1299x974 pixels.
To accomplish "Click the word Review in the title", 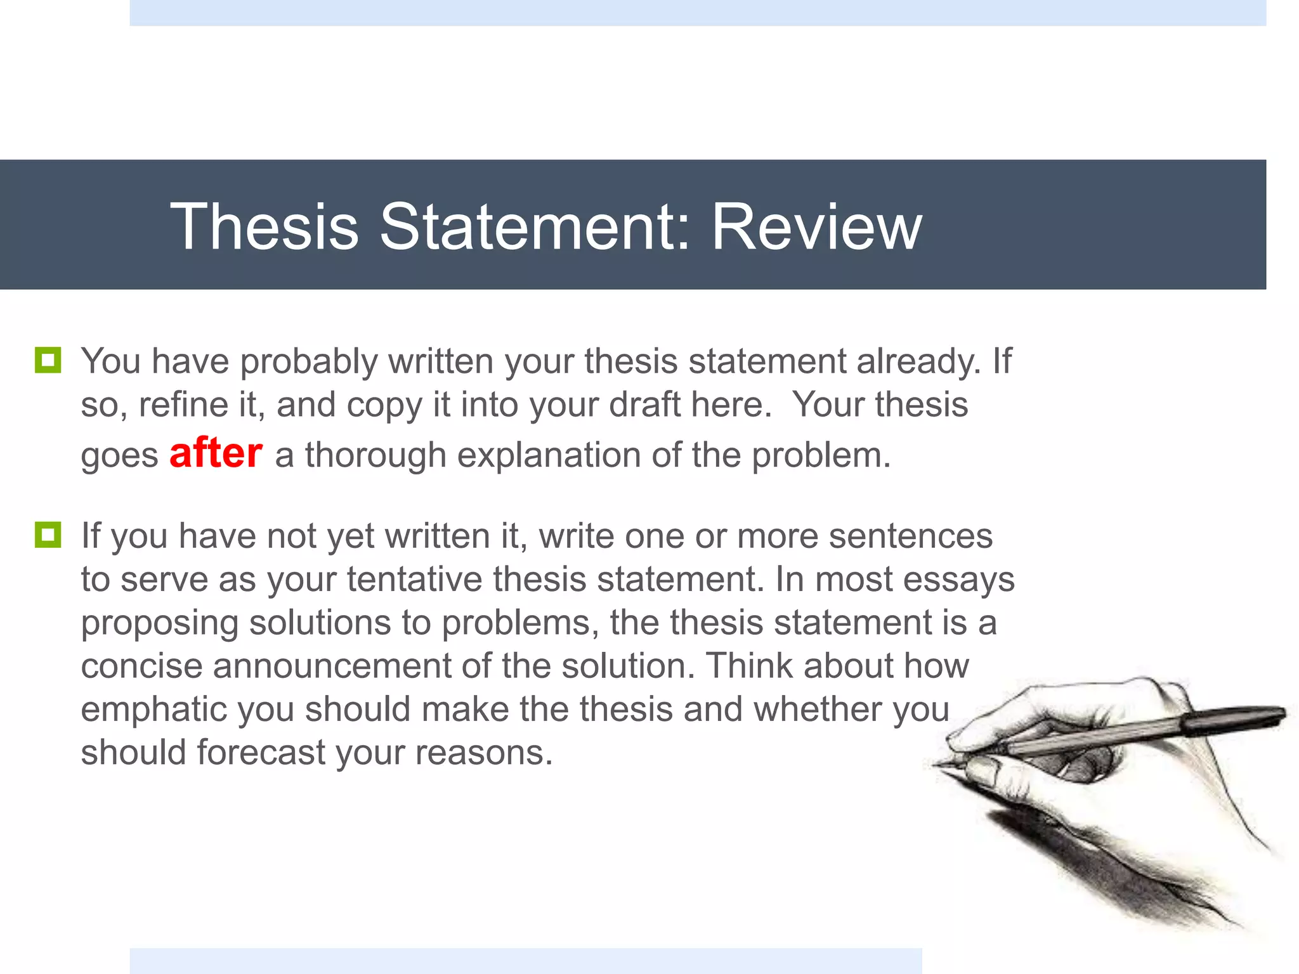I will tap(816, 226).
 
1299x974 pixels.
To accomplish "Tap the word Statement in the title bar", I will tap(534, 226).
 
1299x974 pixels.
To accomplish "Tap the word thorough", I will tap(375, 455).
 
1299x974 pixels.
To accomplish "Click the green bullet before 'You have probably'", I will tap(48, 360).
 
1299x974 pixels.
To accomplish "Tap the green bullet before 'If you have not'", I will tap(48, 535).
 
